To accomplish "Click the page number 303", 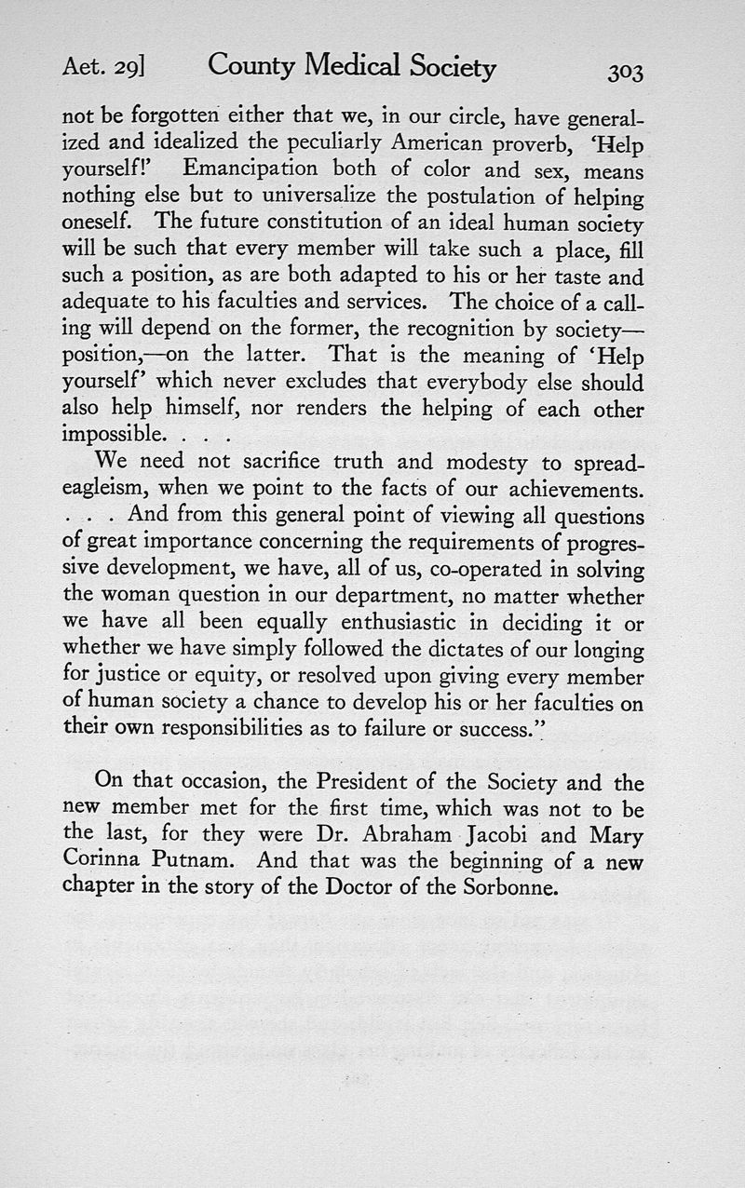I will [x=624, y=72].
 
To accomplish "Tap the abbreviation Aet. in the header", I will [x=81, y=68].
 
